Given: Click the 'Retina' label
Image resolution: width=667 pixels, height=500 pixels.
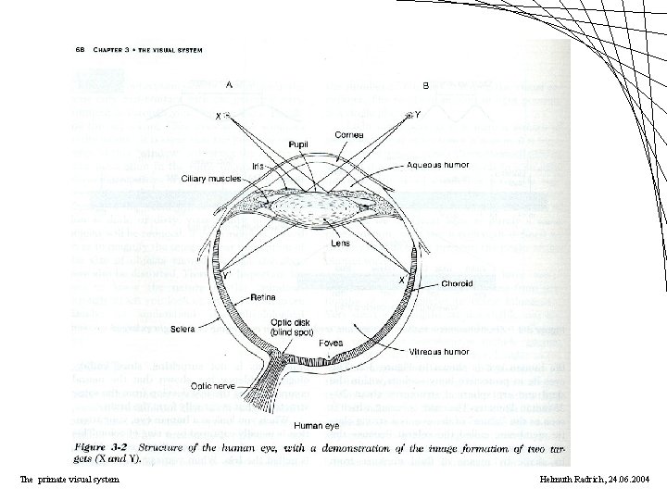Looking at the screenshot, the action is pos(259,299).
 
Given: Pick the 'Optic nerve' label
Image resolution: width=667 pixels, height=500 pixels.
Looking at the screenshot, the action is pos(212,384).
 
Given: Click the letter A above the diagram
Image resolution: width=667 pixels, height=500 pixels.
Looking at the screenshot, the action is pos(228,83).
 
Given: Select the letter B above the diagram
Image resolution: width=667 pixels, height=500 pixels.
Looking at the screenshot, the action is pos(424,85).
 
